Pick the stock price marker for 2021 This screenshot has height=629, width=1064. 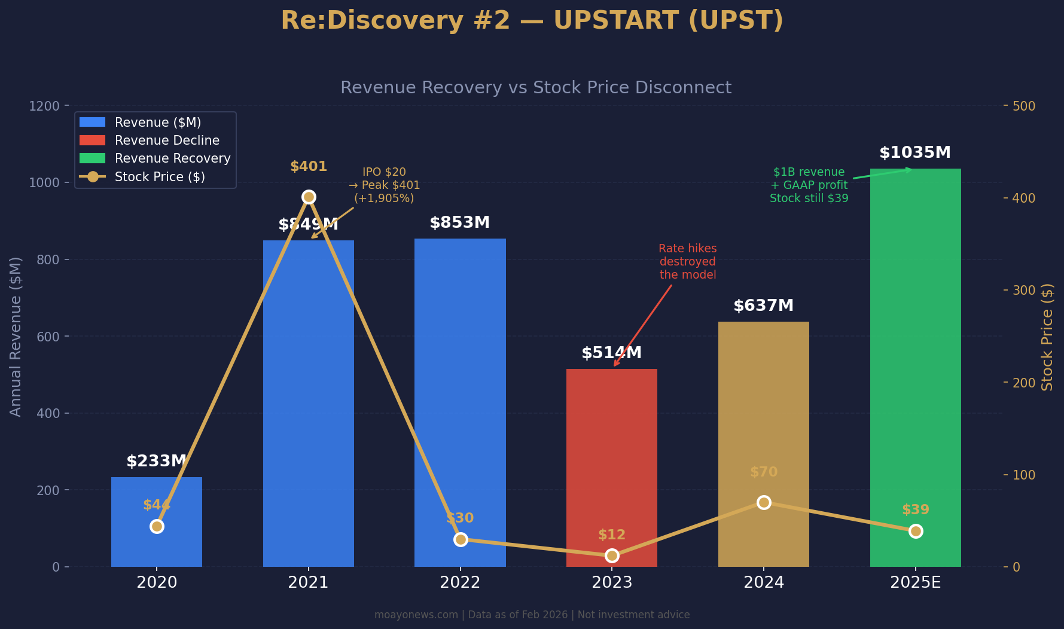309,197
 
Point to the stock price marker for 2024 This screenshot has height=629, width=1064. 763,502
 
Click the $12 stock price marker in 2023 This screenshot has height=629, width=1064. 611,555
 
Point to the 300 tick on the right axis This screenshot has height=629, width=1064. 1023,291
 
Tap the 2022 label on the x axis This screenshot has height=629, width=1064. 460,582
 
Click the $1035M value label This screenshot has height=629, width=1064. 914,153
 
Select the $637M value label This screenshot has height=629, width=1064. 763,306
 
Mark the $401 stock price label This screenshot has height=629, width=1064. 309,167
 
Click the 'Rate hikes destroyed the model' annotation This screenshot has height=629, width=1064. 687,262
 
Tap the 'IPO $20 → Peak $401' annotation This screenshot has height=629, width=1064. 384,185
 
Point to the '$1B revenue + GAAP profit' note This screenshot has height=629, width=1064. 809,185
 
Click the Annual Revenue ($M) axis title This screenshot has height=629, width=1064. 16,337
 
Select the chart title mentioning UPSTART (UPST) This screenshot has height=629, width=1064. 532,21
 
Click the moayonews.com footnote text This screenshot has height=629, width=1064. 532,615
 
